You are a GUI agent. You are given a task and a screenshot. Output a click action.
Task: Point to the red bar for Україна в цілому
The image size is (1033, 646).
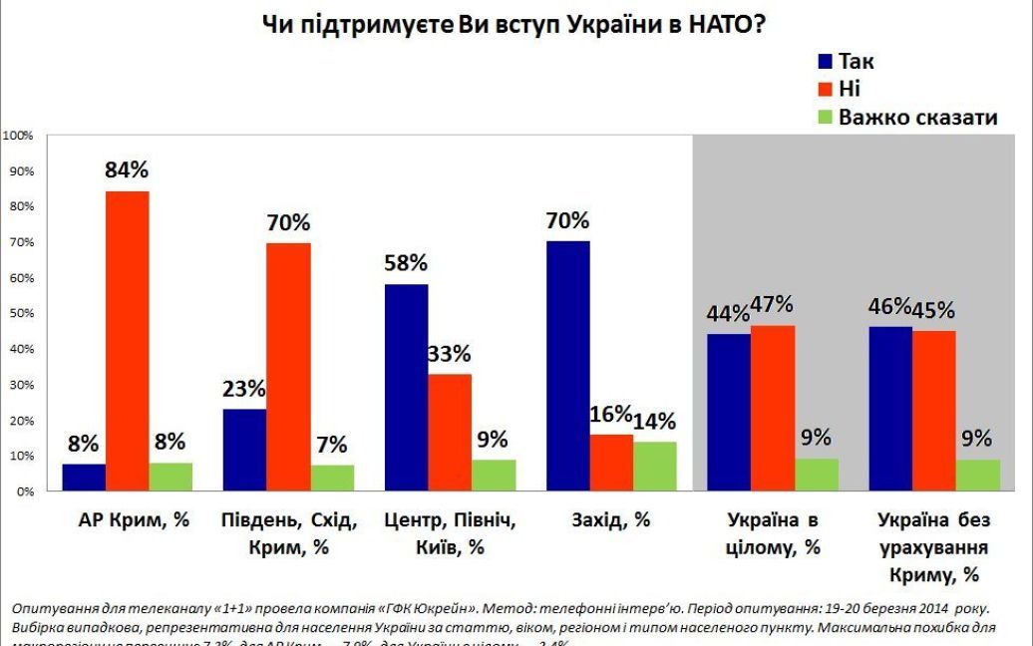[773, 408]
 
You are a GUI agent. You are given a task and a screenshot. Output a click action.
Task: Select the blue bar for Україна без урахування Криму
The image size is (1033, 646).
[890, 409]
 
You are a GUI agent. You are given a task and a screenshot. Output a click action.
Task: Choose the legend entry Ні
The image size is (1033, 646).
[850, 90]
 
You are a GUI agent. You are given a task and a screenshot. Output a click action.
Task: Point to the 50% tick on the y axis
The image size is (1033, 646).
[22, 314]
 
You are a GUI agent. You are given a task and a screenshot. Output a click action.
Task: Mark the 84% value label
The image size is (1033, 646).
[127, 170]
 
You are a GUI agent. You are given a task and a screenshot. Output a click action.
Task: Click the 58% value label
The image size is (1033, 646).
[405, 263]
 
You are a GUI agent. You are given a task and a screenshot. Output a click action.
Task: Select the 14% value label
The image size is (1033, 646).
[654, 420]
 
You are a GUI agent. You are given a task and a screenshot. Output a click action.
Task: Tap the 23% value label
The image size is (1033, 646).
[243, 388]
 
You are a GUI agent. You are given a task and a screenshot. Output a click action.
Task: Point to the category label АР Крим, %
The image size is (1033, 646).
[127, 520]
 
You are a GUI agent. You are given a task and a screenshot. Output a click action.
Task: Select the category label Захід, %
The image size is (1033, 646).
[611, 520]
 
